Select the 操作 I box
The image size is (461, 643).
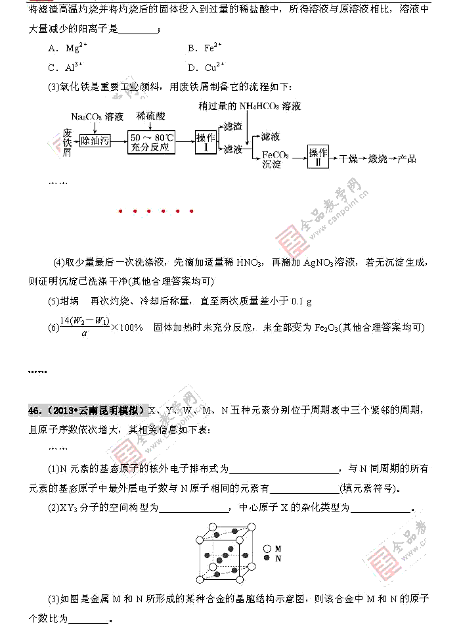pos(206,142)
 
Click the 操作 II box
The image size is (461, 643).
pos(318,158)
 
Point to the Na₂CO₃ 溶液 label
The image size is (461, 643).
pos(97,116)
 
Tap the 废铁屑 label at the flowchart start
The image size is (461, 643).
pos(66,143)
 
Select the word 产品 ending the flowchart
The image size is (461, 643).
pos(407,158)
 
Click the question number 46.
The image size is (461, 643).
pos(35,410)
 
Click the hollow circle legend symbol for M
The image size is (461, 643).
pos(267,548)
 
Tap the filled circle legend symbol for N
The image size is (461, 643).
pos(267,558)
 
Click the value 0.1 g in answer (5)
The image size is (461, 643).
pos(300,301)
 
